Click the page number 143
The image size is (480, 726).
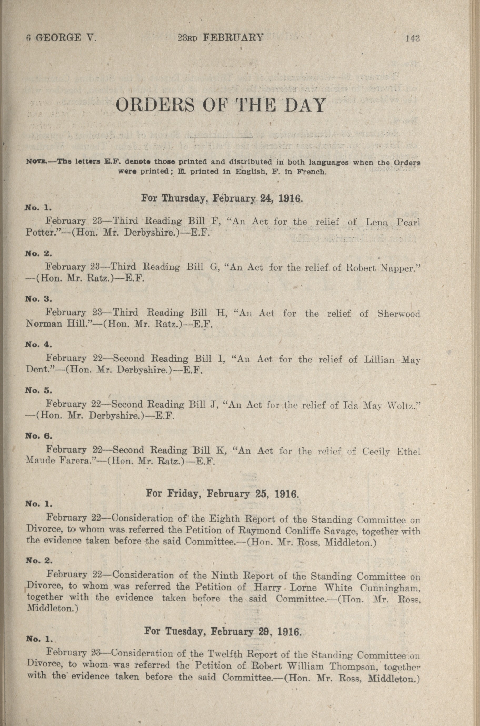click(x=412, y=38)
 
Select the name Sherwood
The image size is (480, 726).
click(x=399, y=314)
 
